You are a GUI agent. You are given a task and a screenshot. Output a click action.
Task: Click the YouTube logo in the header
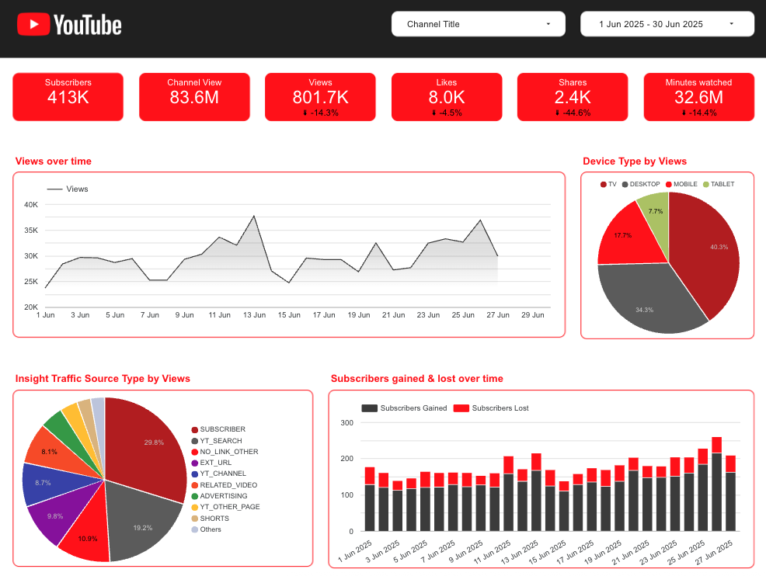click(69, 25)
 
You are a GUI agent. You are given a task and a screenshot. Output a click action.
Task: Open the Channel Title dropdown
click(478, 24)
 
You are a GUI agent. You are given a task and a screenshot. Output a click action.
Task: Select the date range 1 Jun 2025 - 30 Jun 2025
click(667, 24)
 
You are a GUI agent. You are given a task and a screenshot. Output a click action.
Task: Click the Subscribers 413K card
click(68, 97)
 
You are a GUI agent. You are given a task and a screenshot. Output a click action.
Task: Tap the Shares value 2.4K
click(573, 97)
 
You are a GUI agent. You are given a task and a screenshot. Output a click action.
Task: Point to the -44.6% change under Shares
click(573, 113)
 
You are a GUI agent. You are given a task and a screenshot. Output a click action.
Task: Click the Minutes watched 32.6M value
click(698, 97)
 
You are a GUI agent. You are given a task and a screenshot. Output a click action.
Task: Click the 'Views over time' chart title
click(53, 161)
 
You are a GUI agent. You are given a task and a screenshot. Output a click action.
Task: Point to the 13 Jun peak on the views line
click(254, 216)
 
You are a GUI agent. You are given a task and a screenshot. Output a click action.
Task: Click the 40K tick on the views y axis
click(31, 205)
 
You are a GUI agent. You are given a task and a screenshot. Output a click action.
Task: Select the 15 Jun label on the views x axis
click(289, 315)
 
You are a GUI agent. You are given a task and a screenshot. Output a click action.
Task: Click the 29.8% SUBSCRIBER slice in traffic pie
click(148, 442)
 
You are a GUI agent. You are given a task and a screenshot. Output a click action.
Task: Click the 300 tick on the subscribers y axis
click(346, 423)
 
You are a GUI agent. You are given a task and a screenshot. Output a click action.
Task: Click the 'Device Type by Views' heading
click(635, 161)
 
